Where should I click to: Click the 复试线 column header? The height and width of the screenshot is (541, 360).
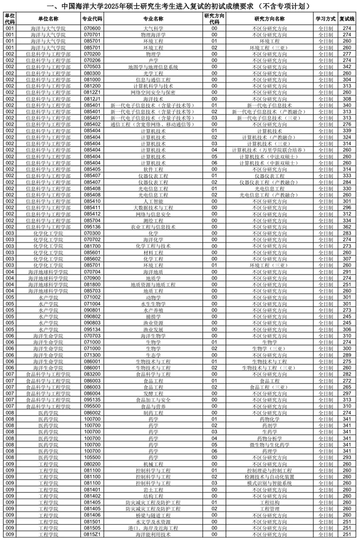click(346, 19)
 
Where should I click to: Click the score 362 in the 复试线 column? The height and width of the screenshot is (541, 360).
click(346, 227)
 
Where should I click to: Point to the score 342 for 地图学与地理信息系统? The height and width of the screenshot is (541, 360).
click(346, 67)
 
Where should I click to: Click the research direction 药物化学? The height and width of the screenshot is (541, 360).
click(270, 419)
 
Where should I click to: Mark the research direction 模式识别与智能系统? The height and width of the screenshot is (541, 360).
click(270, 483)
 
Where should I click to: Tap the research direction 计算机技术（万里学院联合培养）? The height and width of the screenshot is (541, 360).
click(270, 150)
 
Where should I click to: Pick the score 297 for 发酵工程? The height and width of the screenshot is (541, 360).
click(346, 393)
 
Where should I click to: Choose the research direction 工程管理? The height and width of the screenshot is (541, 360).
click(270, 509)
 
